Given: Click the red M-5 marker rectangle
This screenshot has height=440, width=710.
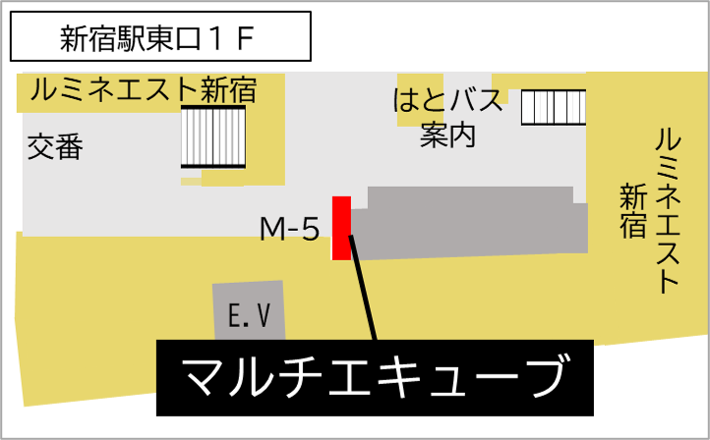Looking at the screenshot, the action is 341,229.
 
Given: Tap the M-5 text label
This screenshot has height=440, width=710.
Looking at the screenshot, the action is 290,229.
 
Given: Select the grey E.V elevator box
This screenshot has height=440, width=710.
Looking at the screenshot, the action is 250,311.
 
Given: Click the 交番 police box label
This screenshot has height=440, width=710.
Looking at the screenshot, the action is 55,146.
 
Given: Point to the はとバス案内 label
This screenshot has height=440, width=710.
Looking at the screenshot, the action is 447,117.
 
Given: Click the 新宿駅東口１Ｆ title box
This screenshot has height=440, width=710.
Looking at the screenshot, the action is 160,36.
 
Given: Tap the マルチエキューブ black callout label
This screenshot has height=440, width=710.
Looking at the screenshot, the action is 375,377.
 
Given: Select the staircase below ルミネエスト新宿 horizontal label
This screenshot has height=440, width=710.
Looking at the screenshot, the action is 213,137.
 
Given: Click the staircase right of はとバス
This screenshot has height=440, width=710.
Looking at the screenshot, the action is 554,108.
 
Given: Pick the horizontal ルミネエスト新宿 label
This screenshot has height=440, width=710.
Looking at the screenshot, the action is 144,89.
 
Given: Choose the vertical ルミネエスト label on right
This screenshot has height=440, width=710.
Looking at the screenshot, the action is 668,211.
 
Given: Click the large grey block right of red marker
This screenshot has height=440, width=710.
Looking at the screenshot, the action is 469,223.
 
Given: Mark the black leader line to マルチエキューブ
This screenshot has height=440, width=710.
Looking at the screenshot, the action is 362,288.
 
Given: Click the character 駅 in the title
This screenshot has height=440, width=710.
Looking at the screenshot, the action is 131,38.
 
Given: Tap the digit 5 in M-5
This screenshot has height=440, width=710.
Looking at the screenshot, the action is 311,229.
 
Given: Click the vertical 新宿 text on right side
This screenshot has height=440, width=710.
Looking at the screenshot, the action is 632,210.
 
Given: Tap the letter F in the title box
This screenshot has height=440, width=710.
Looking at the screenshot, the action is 244,38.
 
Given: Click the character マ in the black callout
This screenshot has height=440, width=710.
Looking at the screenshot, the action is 204,377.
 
